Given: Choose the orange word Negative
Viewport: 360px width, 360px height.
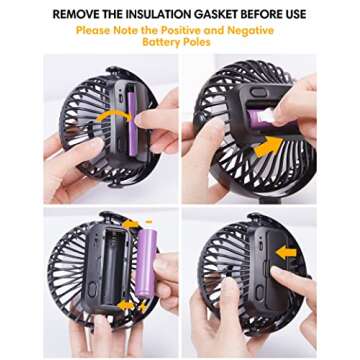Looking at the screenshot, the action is [x=251, y=30].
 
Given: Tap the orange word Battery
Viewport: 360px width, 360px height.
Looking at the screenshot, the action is [x=160, y=42].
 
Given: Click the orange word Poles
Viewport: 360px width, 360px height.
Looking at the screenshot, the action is [x=196, y=42].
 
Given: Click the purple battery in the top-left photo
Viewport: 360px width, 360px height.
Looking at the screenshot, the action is [x=132, y=124].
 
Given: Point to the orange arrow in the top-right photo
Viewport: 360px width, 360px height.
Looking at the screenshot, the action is [x=268, y=147].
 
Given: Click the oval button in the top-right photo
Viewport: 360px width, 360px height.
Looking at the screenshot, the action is [x=259, y=92].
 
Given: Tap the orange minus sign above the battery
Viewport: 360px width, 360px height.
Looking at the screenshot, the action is [x=149, y=221].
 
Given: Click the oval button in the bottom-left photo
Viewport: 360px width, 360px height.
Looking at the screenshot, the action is [x=91, y=290].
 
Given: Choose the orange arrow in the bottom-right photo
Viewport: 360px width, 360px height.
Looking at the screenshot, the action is [x=286, y=253].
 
